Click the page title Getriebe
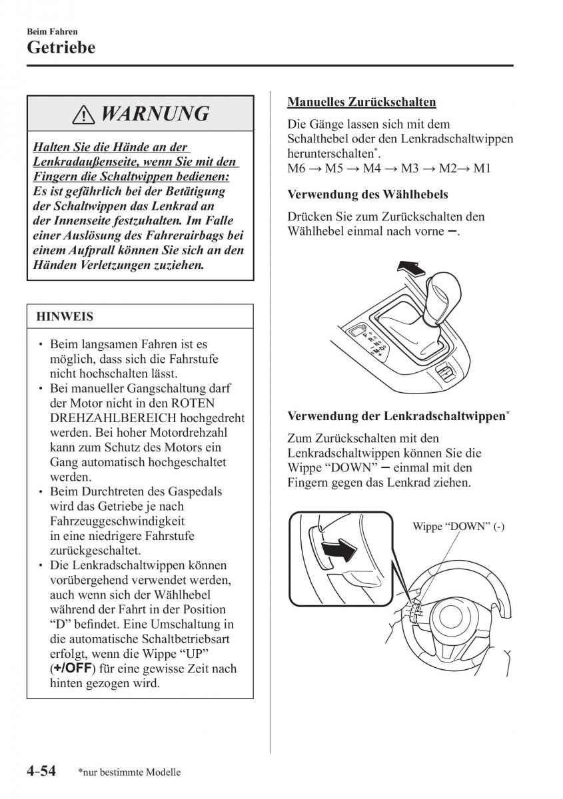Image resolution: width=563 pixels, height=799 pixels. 61,48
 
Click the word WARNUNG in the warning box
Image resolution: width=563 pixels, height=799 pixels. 154,115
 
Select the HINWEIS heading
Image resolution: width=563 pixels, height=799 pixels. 65,317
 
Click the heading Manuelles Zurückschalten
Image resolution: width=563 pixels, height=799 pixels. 362,102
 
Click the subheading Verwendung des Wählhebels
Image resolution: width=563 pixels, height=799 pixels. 367,195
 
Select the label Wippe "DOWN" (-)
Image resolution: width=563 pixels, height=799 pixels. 458,526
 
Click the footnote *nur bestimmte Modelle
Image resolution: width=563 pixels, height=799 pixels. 129,773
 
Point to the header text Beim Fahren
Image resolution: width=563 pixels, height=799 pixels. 52,31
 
